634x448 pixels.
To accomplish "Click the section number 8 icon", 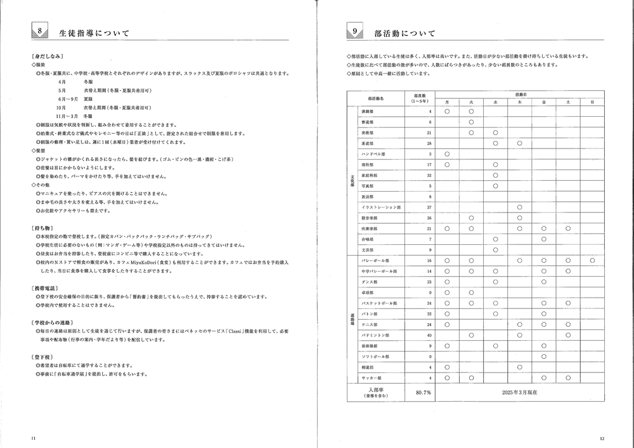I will coord(40,30).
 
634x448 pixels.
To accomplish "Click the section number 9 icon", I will coord(357,30).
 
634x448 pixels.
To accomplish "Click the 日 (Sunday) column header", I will coord(592,102).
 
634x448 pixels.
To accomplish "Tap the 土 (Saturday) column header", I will coord(567,102).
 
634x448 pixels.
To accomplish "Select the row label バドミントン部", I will coord(373,335).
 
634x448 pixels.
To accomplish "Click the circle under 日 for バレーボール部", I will coord(592,260).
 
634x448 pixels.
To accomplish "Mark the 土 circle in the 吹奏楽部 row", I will coord(567,228).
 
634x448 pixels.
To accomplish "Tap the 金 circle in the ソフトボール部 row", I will coord(543,357).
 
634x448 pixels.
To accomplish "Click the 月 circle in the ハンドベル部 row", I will coord(447,154).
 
